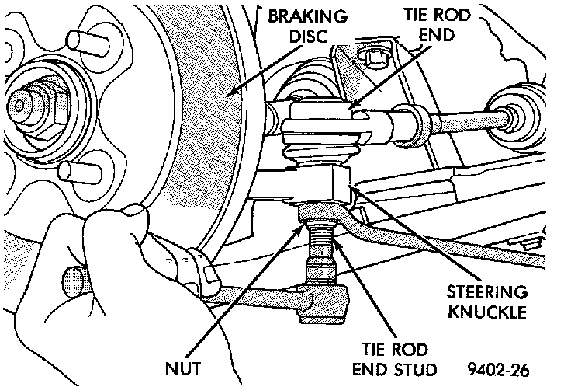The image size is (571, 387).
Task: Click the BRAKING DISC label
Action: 308,26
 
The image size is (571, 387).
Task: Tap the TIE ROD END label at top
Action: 437,25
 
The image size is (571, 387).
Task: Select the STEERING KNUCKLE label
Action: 487,302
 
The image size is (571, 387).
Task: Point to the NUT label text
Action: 183,368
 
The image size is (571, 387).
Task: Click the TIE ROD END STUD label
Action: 395,359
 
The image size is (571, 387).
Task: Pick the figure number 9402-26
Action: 498,370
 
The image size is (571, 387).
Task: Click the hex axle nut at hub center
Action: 35,106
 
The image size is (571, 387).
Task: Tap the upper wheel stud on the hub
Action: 88,43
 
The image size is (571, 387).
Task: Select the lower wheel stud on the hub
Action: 80,172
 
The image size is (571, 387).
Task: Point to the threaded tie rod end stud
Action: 321,252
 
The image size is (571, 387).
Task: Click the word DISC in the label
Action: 308,36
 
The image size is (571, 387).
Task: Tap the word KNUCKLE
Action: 487,312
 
